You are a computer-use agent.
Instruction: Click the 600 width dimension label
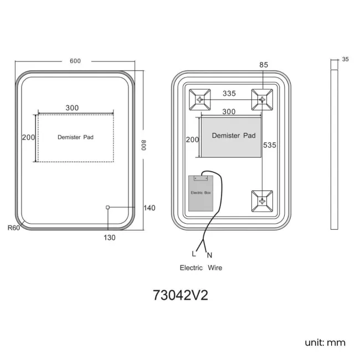pyautogui.click(x=75, y=61)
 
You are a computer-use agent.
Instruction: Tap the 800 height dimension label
pyautogui.click(x=143, y=145)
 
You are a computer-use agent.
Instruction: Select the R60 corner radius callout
pyautogui.click(x=14, y=228)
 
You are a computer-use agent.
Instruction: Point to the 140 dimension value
pyautogui.click(x=150, y=208)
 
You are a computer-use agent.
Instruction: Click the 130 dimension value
pyautogui.click(x=110, y=238)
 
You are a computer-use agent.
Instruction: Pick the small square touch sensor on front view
pyautogui.click(x=107, y=208)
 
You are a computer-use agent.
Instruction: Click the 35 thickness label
pyautogui.click(x=345, y=59)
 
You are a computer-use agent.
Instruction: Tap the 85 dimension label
pyautogui.click(x=264, y=65)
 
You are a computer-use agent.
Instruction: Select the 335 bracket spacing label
pyautogui.click(x=229, y=94)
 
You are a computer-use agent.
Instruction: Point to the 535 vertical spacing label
pyautogui.click(x=270, y=145)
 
